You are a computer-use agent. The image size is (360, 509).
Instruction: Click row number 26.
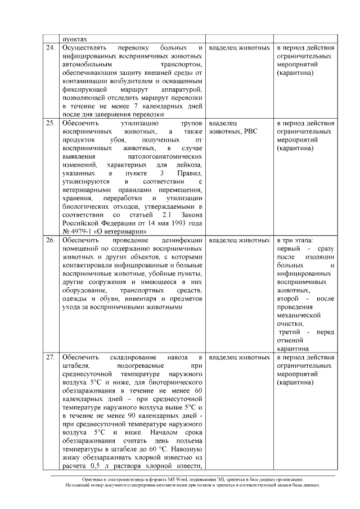[x=50, y=240]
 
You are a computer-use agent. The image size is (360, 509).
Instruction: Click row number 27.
[x=50, y=358]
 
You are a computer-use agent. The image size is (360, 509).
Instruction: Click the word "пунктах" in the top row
[x=75, y=39]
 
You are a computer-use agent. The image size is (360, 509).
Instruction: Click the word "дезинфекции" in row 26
[x=179, y=240]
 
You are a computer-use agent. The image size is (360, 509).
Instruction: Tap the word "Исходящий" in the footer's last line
[x=78, y=485]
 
